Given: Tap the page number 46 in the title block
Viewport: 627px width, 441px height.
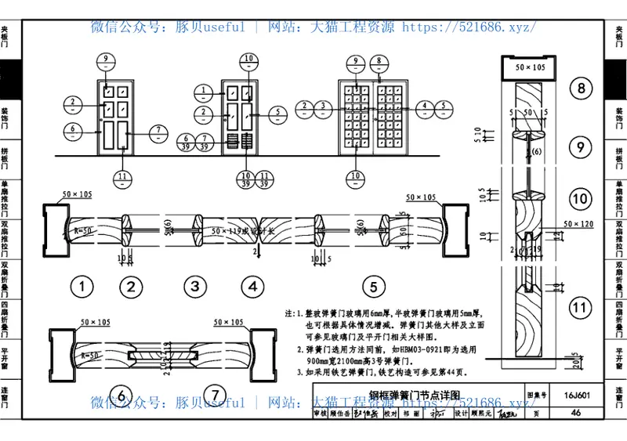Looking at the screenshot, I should (x=575, y=412).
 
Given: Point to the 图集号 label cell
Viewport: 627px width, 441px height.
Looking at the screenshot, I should (x=535, y=396).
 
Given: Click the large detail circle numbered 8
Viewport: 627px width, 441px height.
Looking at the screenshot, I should (x=581, y=89).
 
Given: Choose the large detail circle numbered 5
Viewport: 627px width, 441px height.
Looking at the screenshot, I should (x=374, y=287).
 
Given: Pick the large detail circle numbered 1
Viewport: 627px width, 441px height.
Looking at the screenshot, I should (x=82, y=287).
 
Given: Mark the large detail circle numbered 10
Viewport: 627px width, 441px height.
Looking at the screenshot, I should (x=581, y=200).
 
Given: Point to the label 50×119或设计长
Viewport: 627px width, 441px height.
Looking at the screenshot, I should (x=245, y=232).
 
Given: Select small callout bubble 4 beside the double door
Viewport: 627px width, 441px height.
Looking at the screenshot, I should (x=423, y=107).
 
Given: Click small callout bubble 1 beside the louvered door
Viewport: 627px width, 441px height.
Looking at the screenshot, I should (x=203, y=92).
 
